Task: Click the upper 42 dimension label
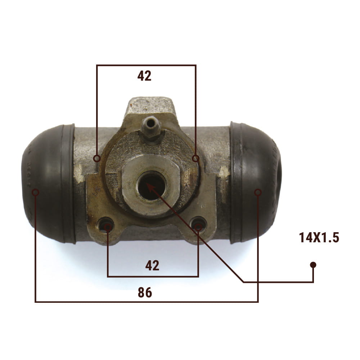[x=144, y=76]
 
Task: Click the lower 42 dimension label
[x=152, y=265]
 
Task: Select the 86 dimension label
[x=145, y=292]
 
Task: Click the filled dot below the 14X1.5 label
[x=313, y=265]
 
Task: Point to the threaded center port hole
[x=152, y=185]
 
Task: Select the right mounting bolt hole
[x=199, y=224]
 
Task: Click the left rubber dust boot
[x=49, y=184]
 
